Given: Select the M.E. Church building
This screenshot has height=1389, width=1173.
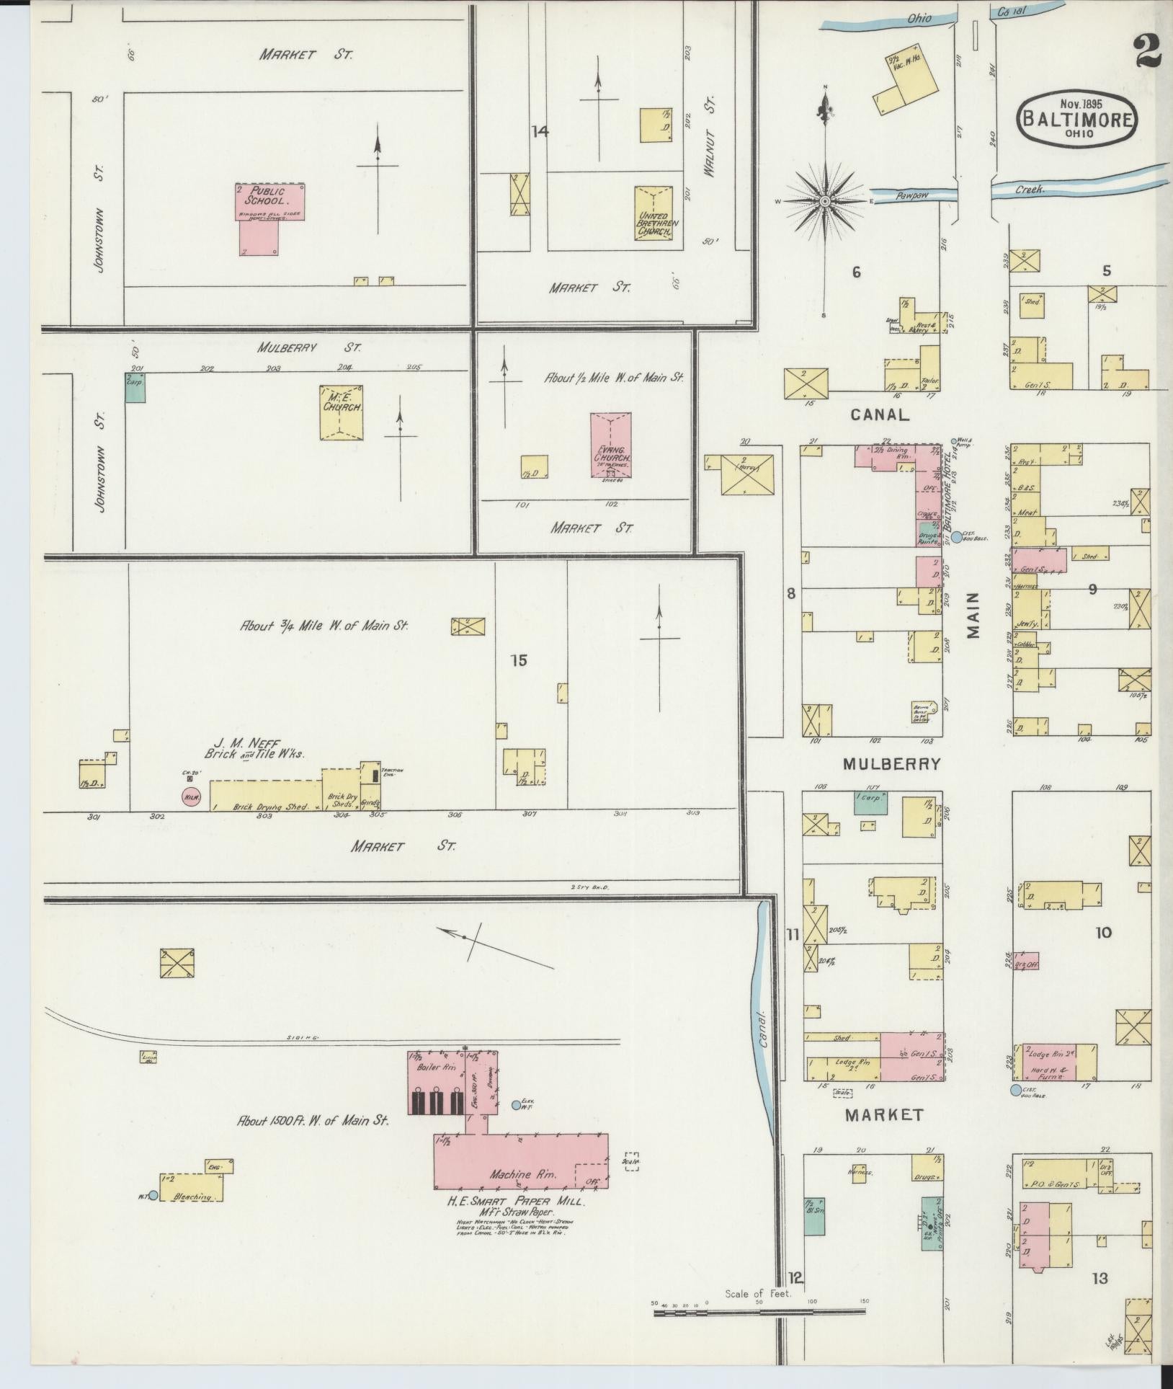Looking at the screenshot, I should tap(342, 412).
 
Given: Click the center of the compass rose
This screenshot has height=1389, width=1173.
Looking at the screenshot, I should tap(824, 201).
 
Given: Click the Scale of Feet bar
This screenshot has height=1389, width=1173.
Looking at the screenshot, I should tap(760, 1313).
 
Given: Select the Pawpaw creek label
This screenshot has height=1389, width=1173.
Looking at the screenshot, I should tap(911, 195).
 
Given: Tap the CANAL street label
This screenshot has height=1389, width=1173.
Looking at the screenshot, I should tap(880, 414).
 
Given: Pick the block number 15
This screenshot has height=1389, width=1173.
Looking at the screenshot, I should tap(519, 660).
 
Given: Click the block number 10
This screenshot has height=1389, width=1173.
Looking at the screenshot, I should tap(1103, 932).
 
